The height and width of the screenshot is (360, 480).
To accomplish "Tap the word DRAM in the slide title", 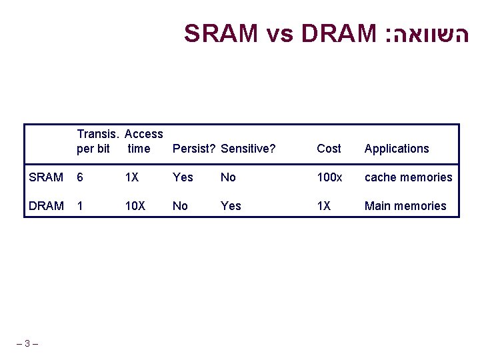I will (x=339, y=33).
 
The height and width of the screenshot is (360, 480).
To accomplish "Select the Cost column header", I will (x=329, y=149).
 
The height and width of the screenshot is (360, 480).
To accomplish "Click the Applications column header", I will (x=397, y=149).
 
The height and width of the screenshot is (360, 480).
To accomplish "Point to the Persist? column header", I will (x=193, y=149).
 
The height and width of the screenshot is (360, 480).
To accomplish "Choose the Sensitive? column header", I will (x=248, y=149).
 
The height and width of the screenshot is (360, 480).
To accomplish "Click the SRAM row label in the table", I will (x=46, y=177).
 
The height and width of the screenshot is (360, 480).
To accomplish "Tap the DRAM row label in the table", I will (x=46, y=206).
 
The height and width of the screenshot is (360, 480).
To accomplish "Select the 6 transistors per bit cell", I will (x=80, y=177).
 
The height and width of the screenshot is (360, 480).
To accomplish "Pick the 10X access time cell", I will (x=135, y=206).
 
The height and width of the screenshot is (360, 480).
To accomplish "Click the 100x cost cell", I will (x=329, y=177).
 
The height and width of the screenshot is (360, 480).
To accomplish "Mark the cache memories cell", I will (x=408, y=177).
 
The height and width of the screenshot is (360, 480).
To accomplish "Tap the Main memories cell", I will (x=405, y=206).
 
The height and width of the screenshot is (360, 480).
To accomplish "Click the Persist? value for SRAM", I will (x=183, y=177).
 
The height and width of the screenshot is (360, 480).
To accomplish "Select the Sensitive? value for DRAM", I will (x=231, y=206).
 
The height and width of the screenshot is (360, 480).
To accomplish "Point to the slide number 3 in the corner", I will (x=27, y=344).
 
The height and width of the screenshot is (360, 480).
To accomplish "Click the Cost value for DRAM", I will (x=323, y=206).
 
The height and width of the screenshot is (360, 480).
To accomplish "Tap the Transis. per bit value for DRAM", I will (x=80, y=206).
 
